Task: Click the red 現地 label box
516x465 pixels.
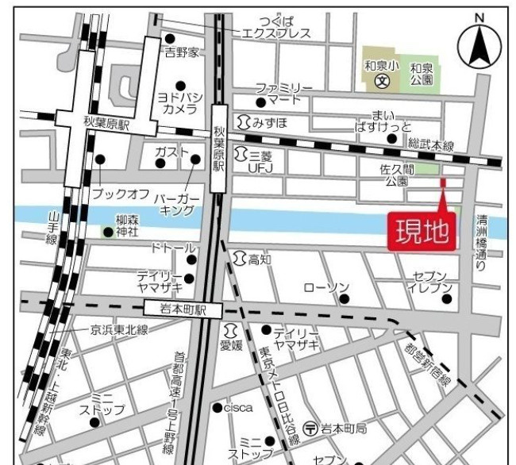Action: pyautogui.click(x=422, y=232)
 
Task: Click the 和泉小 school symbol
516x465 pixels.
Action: pyautogui.click(x=380, y=80)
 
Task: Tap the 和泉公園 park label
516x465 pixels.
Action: pyautogui.click(x=422, y=74)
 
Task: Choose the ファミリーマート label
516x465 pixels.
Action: pyautogui.click(x=283, y=94)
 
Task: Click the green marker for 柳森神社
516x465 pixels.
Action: pyautogui.click(x=107, y=232)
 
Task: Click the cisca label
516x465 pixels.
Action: pyautogui.click(x=237, y=407)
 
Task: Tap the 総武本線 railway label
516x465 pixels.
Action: pyautogui.click(x=430, y=144)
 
